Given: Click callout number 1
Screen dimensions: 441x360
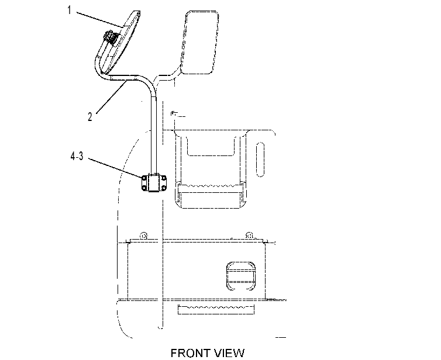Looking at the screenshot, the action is point(69,11).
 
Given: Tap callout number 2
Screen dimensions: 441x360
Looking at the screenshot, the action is point(90,117).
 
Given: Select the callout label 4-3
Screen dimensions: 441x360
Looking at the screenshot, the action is point(77,155).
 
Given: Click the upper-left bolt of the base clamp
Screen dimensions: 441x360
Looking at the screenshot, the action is point(144,178).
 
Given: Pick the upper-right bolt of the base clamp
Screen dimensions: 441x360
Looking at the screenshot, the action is point(164,178).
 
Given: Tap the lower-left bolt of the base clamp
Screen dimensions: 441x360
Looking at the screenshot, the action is point(144,187).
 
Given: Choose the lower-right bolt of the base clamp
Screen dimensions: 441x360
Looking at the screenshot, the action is point(164,187).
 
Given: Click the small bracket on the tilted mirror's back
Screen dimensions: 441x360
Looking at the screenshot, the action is point(110,37).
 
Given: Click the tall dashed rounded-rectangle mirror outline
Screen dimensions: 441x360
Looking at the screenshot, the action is point(199,43).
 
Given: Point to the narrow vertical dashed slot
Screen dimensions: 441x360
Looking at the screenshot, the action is point(260,160).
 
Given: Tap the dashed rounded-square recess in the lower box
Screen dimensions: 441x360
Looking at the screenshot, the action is point(241,276).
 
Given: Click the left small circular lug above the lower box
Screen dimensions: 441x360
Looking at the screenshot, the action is point(143,236).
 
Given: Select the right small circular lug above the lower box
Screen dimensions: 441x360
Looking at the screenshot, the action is point(249,236).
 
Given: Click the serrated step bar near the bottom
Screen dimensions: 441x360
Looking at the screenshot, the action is point(216,309).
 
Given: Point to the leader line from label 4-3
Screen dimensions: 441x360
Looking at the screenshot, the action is point(116,168).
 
